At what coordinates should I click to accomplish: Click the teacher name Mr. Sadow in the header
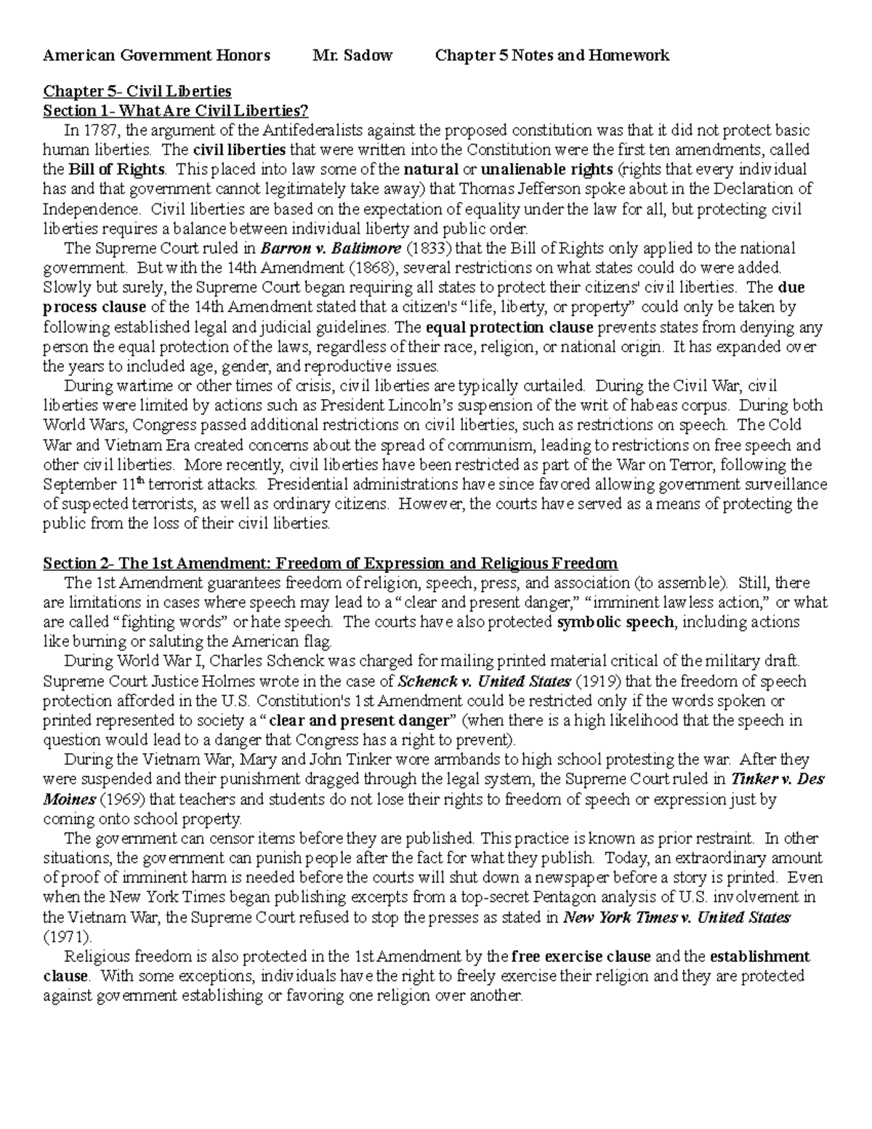pyautogui.click(x=352, y=56)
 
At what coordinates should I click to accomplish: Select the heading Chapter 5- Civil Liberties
pyautogui.click(x=137, y=91)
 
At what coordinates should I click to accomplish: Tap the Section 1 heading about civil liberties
pyautogui.click(x=176, y=111)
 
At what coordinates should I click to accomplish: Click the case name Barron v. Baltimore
pyautogui.click(x=326, y=248)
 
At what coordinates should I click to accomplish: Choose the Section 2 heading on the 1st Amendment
pyautogui.click(x=330, y=563)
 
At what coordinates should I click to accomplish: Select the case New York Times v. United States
pyautogui.click(x=677, y=917)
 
